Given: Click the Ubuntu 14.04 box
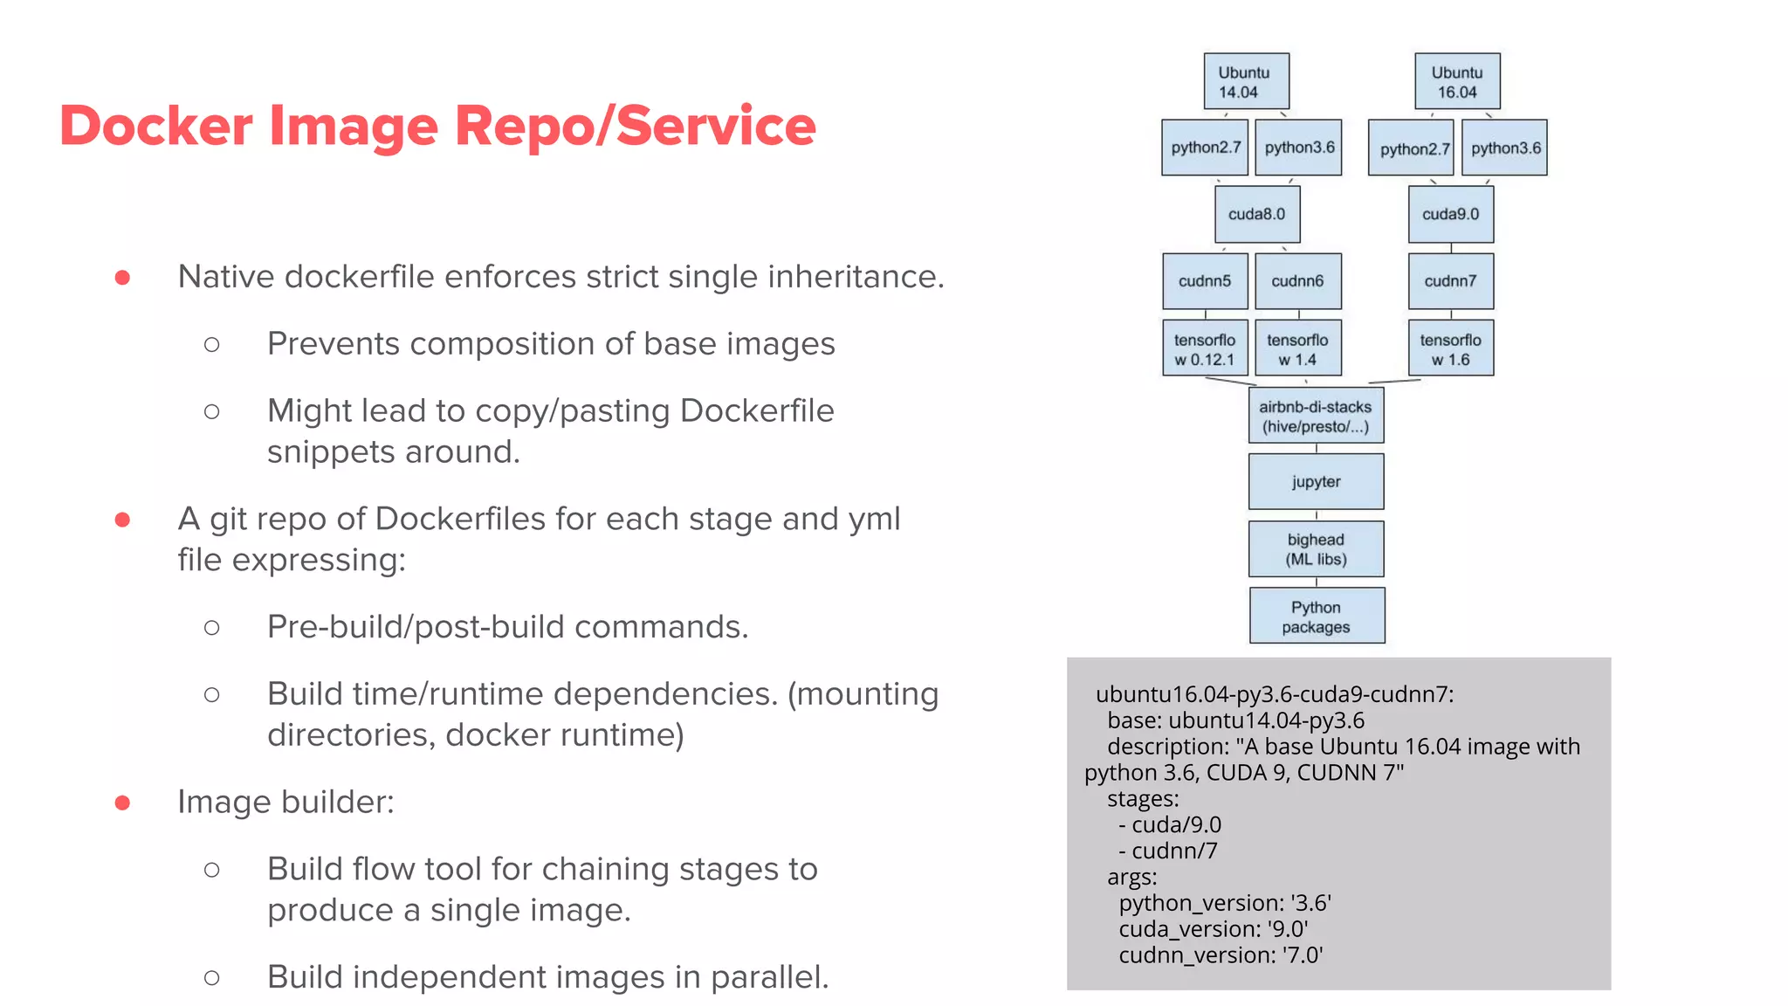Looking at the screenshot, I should tap(1246, 81).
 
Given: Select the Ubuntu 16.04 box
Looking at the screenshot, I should tap(1457, 81).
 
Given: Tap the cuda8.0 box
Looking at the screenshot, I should tap(1257, 214).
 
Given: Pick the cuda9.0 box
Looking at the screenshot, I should tap(1450, 214).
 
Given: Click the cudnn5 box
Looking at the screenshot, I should tap(1205, 281).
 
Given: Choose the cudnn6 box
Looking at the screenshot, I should tap(1297, 281).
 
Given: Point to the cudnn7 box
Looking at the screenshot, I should tap(1450, 281).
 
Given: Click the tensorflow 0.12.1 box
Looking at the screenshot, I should tap(1205, 348).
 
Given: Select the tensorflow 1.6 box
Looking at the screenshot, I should tap(1450, 348).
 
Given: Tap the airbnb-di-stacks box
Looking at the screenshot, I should tap(1316, 416).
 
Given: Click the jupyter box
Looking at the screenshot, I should tap(1316, 481).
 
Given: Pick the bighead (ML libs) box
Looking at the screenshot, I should tap(1316, 548).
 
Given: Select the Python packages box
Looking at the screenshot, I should tap(1317, 616).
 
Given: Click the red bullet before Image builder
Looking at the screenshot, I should tap(122, 803).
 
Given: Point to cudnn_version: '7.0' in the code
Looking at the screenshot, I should tap(1221, 954).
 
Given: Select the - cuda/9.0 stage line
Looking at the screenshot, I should tap(1170, 824).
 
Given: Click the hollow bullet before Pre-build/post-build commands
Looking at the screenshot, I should tap(211, 628).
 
